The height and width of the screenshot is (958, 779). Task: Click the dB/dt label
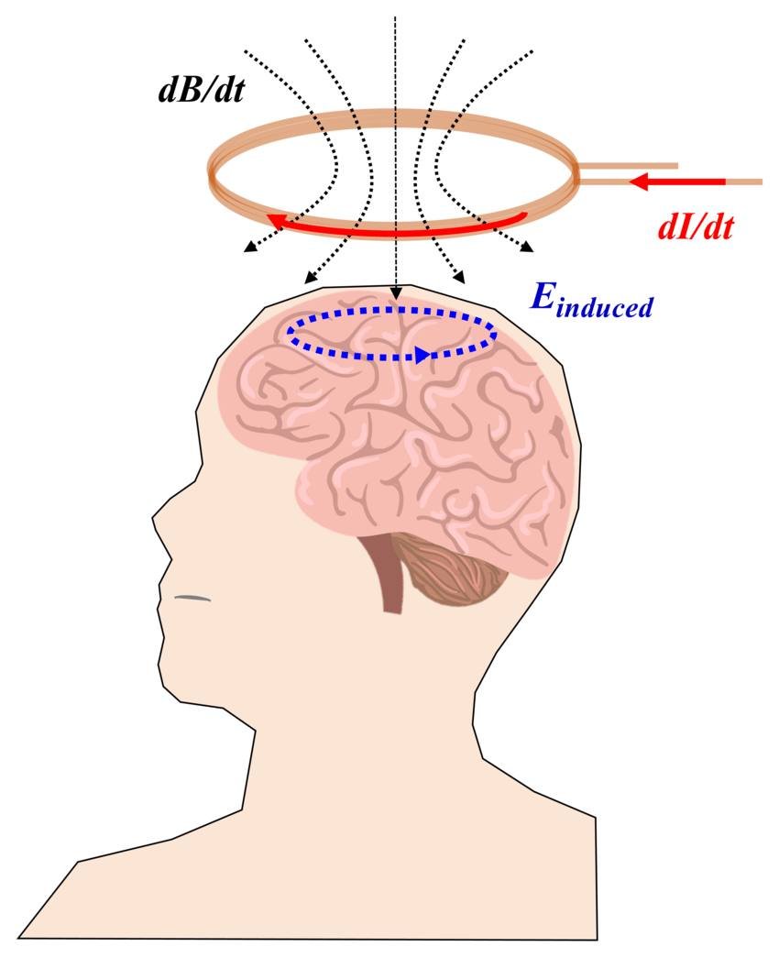coord(202,91)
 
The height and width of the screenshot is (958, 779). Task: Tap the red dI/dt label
coord(696,228)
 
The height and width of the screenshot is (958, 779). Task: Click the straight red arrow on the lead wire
coord(677,182)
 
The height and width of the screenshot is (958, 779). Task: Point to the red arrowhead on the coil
coord(274,222)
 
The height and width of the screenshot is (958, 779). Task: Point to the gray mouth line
coord(192,598)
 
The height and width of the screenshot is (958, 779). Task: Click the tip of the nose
coord(153,519)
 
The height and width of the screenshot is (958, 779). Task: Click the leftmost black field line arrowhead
coord(248,248)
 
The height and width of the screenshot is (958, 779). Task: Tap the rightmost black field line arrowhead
coord(527,247)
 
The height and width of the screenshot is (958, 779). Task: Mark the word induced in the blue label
coord(604,308)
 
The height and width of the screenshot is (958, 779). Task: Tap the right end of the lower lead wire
coord(762,182)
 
